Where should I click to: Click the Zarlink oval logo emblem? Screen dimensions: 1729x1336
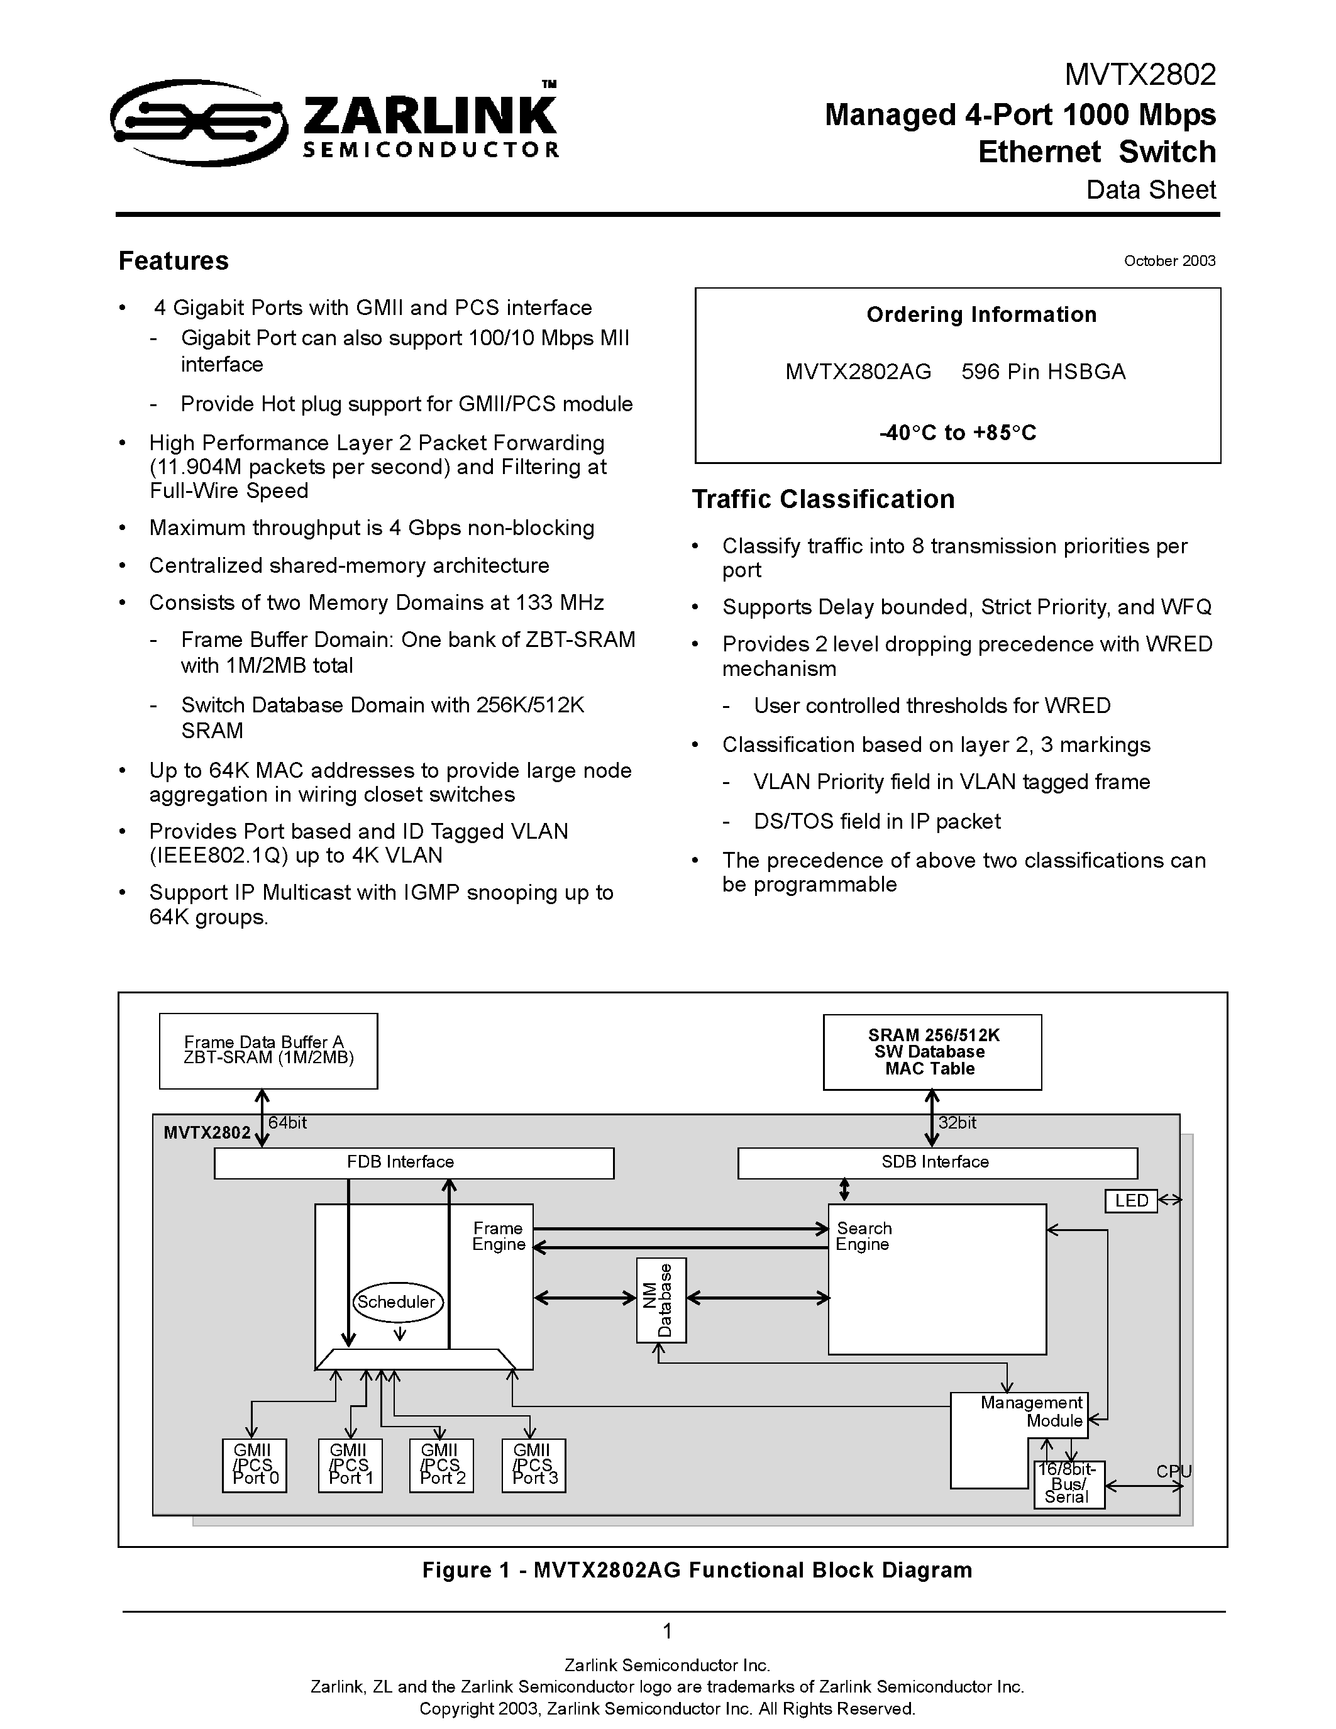(198, 122)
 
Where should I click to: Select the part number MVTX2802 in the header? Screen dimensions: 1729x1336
(1139, 74)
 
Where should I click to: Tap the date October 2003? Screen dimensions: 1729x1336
(1169, 260)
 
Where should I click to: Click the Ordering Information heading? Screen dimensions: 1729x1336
(981, 314)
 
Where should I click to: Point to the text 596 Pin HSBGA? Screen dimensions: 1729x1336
(1042, 372)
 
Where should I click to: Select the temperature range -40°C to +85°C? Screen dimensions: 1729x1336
(957, 433)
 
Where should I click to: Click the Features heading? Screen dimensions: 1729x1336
(174, 260)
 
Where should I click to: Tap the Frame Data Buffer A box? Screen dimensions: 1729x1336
(268, 1051)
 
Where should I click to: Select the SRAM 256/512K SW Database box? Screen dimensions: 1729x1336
(932, 1052)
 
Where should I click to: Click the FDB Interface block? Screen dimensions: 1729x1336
(414, 1162)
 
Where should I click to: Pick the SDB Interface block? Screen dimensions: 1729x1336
(937, 1162)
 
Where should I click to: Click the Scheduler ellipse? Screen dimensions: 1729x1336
(397, 1301)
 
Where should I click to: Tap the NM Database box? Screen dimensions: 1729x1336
(661, 1300)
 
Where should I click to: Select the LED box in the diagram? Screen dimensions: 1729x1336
(1131, 1200)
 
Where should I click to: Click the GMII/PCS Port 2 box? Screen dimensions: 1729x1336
(441, 1464)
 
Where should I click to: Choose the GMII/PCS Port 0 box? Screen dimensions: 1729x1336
(255, 1464)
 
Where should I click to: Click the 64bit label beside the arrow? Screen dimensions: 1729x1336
(287, 1122)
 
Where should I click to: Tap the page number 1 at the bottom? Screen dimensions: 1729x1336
(667, 1631)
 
